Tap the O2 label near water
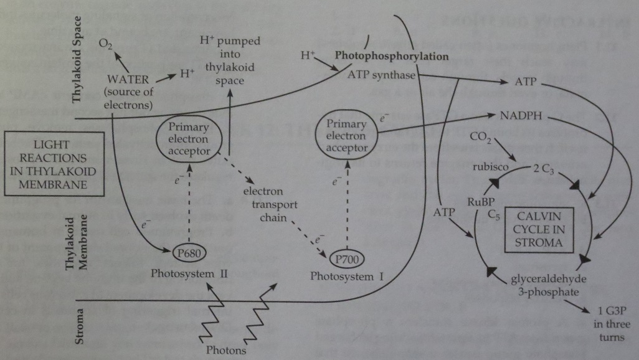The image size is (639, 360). point(107,45)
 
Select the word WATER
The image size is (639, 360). point(128,80)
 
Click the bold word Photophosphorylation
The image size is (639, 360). point(392,56)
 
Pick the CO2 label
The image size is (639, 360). point(480,137)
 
